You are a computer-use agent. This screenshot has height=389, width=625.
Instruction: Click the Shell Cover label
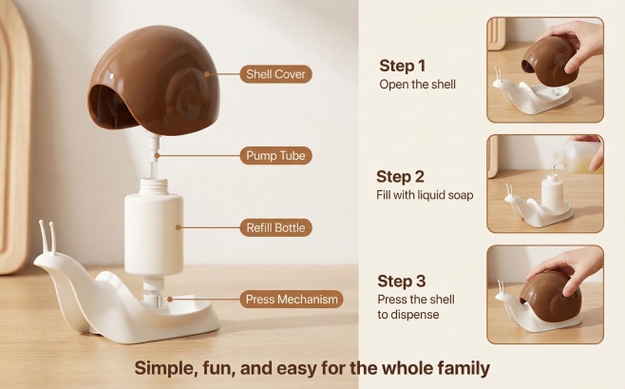[275, 74]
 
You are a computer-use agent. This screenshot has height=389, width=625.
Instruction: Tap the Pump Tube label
[275, 155]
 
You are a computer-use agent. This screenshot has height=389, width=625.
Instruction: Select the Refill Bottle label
[275, 227]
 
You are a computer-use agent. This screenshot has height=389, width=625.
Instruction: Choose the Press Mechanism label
[292, 299]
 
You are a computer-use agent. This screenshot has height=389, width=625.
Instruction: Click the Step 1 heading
[402, 66]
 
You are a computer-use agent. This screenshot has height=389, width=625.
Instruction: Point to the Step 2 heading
[400, 177]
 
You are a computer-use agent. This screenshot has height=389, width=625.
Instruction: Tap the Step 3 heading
[402, 281]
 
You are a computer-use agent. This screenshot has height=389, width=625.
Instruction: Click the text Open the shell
[417, 85]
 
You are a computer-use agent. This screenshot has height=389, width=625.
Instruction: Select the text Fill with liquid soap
[425, 195]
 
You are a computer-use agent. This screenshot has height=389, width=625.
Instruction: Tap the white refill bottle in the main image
[154, 227]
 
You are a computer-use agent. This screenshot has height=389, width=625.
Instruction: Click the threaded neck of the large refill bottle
[154, 185]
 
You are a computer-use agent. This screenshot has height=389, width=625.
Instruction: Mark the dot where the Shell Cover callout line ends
[206, 74]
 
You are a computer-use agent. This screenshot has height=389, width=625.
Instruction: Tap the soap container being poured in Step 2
[578, 156]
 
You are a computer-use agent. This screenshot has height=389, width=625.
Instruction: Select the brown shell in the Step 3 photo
[551, 296]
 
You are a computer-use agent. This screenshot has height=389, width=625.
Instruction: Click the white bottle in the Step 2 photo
[552, 194]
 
